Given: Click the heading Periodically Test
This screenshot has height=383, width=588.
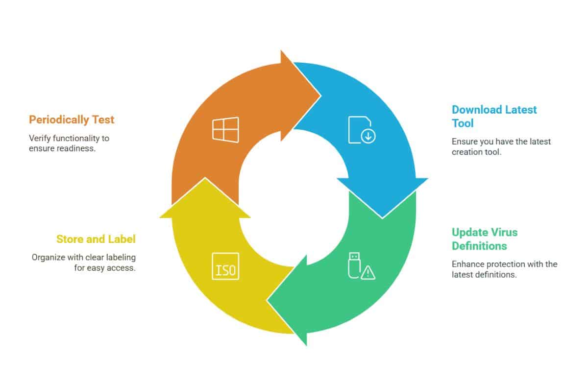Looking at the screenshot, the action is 72,120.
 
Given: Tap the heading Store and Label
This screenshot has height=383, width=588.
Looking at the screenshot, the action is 96,239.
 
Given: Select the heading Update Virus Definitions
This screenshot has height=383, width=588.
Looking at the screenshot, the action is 485,239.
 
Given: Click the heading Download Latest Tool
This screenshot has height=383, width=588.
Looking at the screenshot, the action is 494,116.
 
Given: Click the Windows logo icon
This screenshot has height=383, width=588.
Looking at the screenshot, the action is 225,130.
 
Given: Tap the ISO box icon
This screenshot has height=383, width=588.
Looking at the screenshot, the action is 225,266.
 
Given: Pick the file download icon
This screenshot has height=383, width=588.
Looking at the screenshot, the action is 362,130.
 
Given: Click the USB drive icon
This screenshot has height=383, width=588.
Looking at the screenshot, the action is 354,265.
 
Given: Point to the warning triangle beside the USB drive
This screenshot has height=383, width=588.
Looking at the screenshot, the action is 368,273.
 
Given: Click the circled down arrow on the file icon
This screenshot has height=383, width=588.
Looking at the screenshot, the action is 368,136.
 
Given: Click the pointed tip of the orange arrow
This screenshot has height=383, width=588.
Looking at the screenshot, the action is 321,96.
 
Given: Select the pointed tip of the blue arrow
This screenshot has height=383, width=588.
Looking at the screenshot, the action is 382,218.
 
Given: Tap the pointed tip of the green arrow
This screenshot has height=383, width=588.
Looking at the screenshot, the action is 267,301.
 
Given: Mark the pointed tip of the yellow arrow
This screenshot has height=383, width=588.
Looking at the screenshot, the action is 205,178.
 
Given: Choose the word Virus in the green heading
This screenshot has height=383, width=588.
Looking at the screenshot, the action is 504,233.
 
